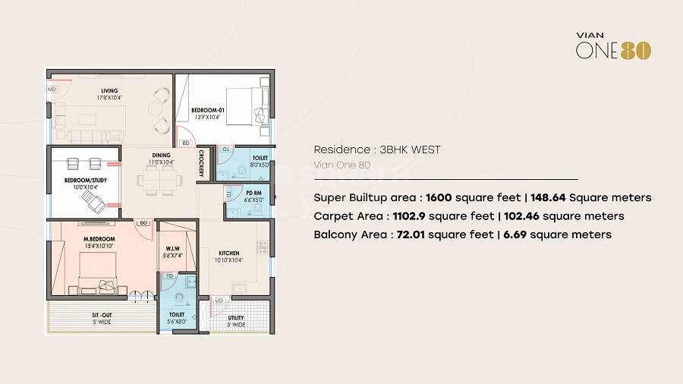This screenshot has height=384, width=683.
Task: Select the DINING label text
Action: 161,155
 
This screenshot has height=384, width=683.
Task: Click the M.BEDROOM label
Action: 99,239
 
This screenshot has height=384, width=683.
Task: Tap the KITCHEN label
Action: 229,253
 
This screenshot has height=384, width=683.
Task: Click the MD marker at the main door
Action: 52,90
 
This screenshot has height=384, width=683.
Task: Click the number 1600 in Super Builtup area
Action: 439,197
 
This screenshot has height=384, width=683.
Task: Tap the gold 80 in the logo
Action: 636,51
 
